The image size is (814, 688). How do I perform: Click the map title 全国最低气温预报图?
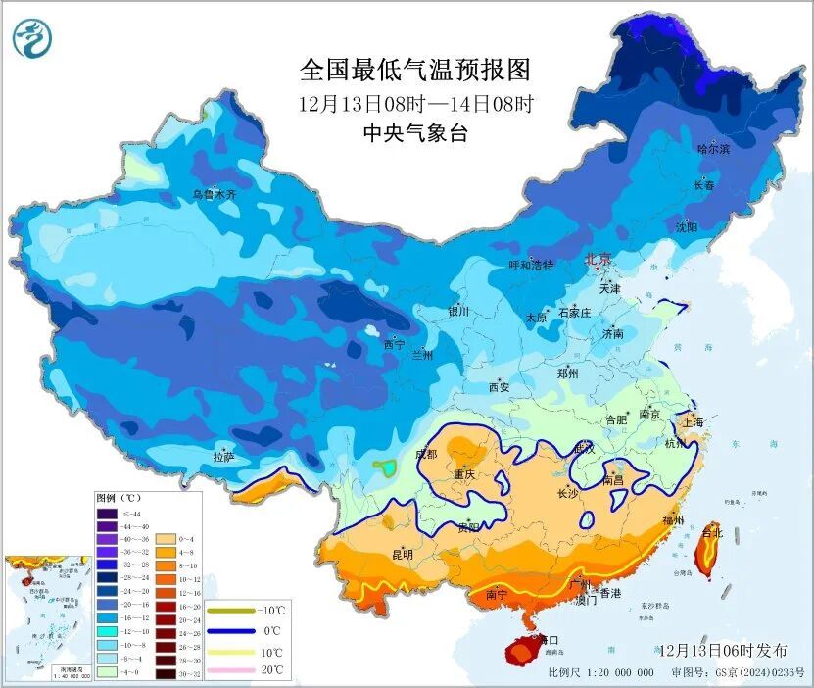tap(414, 71)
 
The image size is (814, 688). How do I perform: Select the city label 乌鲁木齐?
tap(214, 195)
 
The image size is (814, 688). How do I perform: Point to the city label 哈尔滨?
tap(712, 149)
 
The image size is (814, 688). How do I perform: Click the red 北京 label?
tap(598, 260)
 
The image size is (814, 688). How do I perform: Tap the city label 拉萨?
tap(223, 456)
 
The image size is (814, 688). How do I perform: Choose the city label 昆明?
tap(402, 555)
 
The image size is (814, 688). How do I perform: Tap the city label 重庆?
tap(463, 474)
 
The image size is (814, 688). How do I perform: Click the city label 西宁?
tap(394, 344)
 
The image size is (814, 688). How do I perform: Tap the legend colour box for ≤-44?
tap(106, 513)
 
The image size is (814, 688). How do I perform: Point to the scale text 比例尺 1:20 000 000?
tap(600, 672)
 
